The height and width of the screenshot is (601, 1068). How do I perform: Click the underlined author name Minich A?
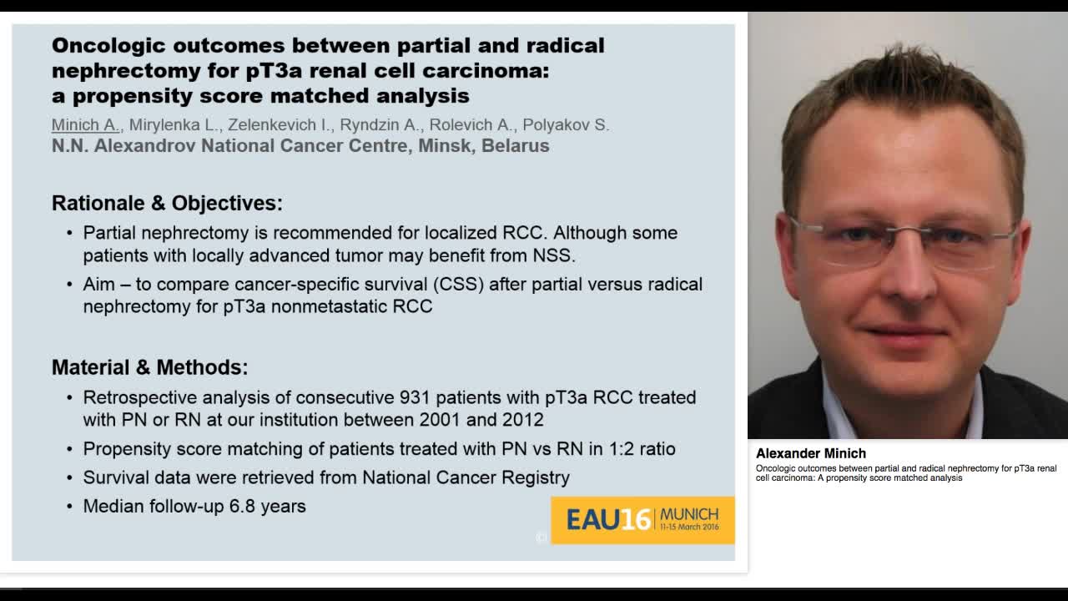click(x=85, y=125)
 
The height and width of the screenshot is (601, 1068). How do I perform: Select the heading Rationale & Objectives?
click(x=167, y=203)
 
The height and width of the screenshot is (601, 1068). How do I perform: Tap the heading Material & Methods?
click(x=149, y=367)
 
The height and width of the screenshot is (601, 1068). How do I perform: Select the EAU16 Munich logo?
click(x=642, y=520)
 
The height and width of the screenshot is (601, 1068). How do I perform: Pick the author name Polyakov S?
click(x=566, y=125)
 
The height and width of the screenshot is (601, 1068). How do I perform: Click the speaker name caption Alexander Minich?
click(x=810, y=453)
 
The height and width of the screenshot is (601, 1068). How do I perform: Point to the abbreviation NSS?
click(x=555, y=255)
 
